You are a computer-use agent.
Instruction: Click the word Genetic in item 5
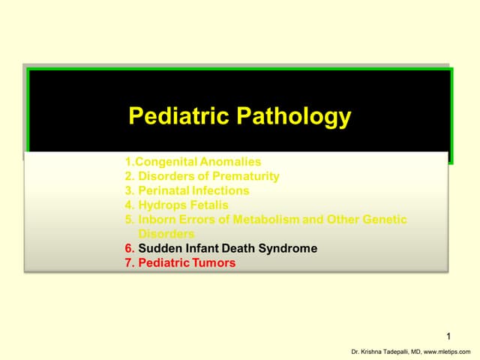pos(382,219)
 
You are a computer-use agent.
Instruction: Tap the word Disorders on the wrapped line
pos(166,234)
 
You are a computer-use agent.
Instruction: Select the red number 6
pos(129,248)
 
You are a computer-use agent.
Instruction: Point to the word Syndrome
pos(289,248)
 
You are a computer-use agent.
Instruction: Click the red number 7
pos(129,262)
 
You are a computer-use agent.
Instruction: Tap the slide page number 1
pos(448,336)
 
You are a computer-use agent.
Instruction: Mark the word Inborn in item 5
pos(157,219)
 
